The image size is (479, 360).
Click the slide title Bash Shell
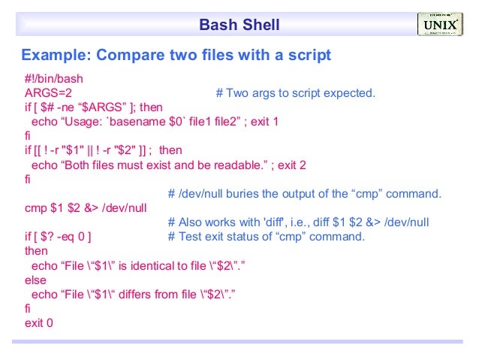[x=239, y=26]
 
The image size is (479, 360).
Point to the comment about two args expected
[x=295, y=93]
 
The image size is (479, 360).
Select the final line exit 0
[x=39, y=322]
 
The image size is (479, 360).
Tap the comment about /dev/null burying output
[x=305, y=194]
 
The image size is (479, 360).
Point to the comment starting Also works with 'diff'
[x=299, y=222]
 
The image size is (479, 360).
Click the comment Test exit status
[x=267, y=237]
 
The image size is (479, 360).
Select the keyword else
[x=35, y=280]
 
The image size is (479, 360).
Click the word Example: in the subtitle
[x=56, y=56]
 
